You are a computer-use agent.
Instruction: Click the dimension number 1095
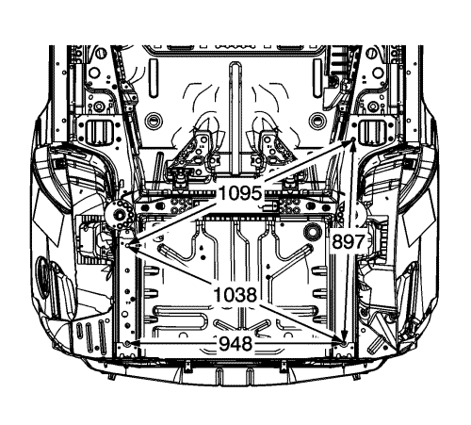241,192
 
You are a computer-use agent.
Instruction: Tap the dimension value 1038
235,295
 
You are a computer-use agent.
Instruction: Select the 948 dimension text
235,344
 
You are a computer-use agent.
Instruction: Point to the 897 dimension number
349,242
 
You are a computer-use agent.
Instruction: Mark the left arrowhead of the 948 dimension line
134,344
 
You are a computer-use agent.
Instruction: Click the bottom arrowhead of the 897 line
345,335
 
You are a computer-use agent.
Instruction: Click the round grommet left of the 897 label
312,232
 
